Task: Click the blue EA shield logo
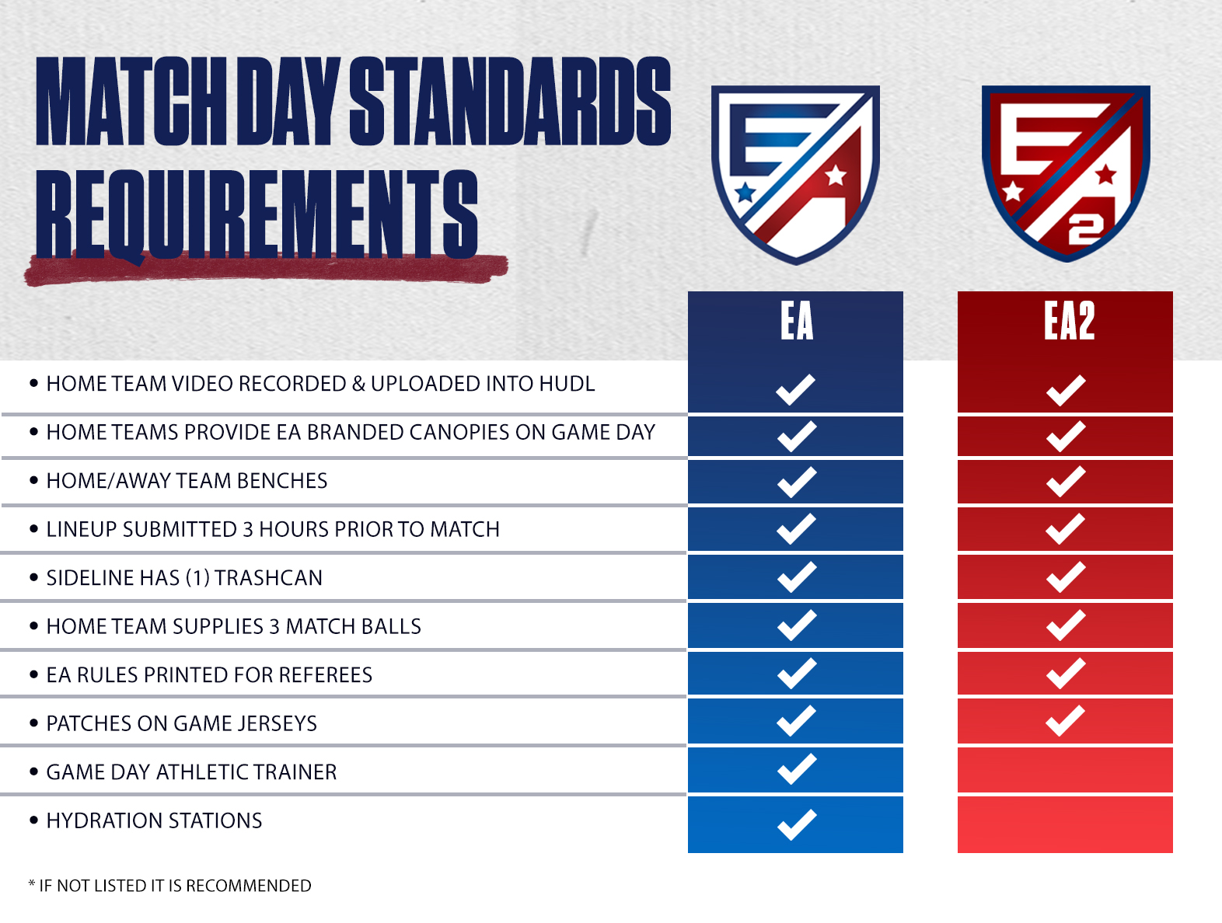point(795,174)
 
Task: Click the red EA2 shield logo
point(1066,173)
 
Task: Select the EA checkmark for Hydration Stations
point(797,824)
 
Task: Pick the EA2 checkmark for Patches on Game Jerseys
point(1065,720)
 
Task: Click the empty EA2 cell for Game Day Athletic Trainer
point(1065,769)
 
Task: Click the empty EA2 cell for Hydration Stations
point(1065,824)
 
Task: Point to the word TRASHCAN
point(268,578)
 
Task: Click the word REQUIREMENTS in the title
point(257,214)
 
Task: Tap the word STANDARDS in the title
point(510,101)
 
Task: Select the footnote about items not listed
point(169,885)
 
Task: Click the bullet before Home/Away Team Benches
point(34,479)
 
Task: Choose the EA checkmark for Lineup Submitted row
point(796,528)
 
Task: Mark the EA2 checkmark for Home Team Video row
point(1066,390)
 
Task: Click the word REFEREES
point(325,675)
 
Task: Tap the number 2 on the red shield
point(1086,230)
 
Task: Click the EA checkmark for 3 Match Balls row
point(797,625)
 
